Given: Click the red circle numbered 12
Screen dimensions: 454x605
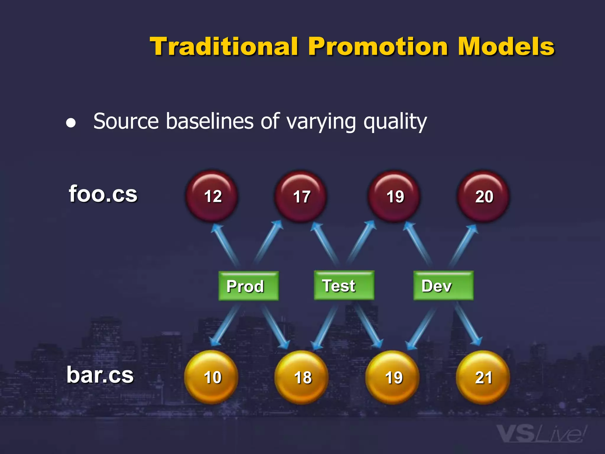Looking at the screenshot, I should coord(212,196).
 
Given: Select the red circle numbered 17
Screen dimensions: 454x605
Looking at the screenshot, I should coord(301,196).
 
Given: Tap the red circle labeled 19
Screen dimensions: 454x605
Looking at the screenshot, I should coord(394,196).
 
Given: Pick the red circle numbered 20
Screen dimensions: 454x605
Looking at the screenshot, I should coord(483,196).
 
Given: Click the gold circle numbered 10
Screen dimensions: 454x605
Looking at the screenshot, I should coord(211,377).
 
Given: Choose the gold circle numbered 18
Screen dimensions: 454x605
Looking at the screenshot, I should coord(302,377).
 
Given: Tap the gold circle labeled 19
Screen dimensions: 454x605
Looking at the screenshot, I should coord(393,377).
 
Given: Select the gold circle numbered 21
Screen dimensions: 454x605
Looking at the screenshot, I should coord(483,377).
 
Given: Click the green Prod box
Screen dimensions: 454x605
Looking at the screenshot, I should coord(248,286).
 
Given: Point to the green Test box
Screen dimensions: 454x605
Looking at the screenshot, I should coord(344,285).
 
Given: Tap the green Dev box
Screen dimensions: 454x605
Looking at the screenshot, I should coord(443,286).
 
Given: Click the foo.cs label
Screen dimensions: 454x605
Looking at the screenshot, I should coord(103,194).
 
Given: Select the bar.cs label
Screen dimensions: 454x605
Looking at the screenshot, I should coord(100,375).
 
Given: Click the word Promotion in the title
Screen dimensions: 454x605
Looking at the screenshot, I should coord(378,47).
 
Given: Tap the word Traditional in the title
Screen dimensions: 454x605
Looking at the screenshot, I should coord(224,47).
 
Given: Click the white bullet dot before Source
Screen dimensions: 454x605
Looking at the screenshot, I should coord(71,123).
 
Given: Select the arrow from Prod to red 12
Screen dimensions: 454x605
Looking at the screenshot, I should coord(226,245).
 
